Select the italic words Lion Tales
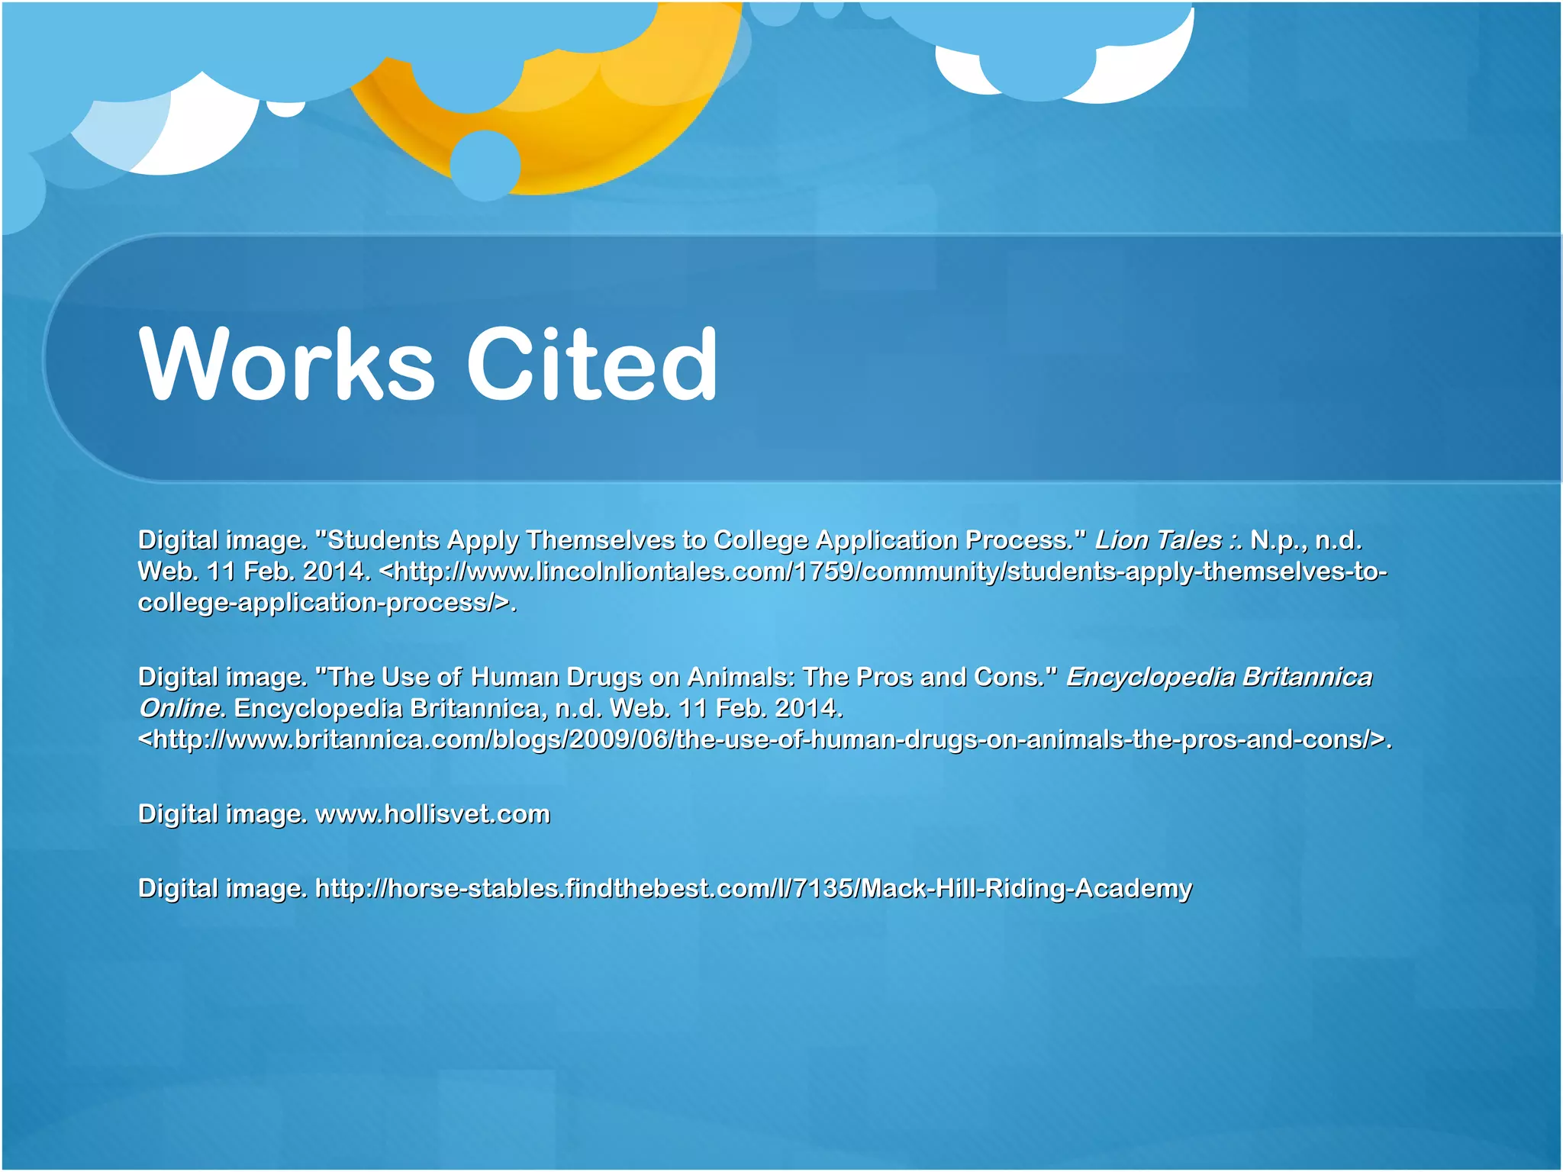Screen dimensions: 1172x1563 click(x=1158, y=540)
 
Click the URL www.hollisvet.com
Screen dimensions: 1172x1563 click(x=432, y=814)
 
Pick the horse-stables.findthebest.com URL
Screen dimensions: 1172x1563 click(x=752, y=888)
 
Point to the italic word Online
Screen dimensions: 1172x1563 click(x=180, y=709)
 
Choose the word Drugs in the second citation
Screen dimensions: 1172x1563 click(x=604, y=677)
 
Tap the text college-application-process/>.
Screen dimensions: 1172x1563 click(x=327, y=603)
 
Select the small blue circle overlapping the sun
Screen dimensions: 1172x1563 click(x=485, y=165)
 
